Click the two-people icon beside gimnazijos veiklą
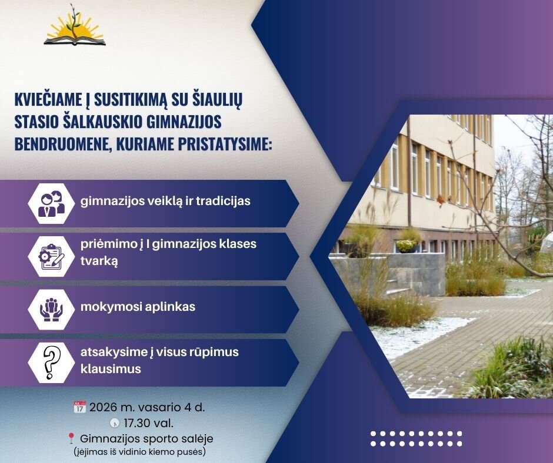tap(52, 203)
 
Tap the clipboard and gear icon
tap(52, 257)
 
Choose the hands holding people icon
tap(52, 310)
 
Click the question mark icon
tap(52, 363)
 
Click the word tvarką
tap(99, 261)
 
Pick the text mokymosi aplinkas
tap(138, 307)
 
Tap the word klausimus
tap(111, 369)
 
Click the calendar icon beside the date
tap(79, 407)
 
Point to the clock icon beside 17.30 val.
tap(114, 422)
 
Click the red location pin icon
tap(71, 438)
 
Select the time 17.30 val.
tap(148, 422)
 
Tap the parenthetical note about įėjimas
tap(139, 451)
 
